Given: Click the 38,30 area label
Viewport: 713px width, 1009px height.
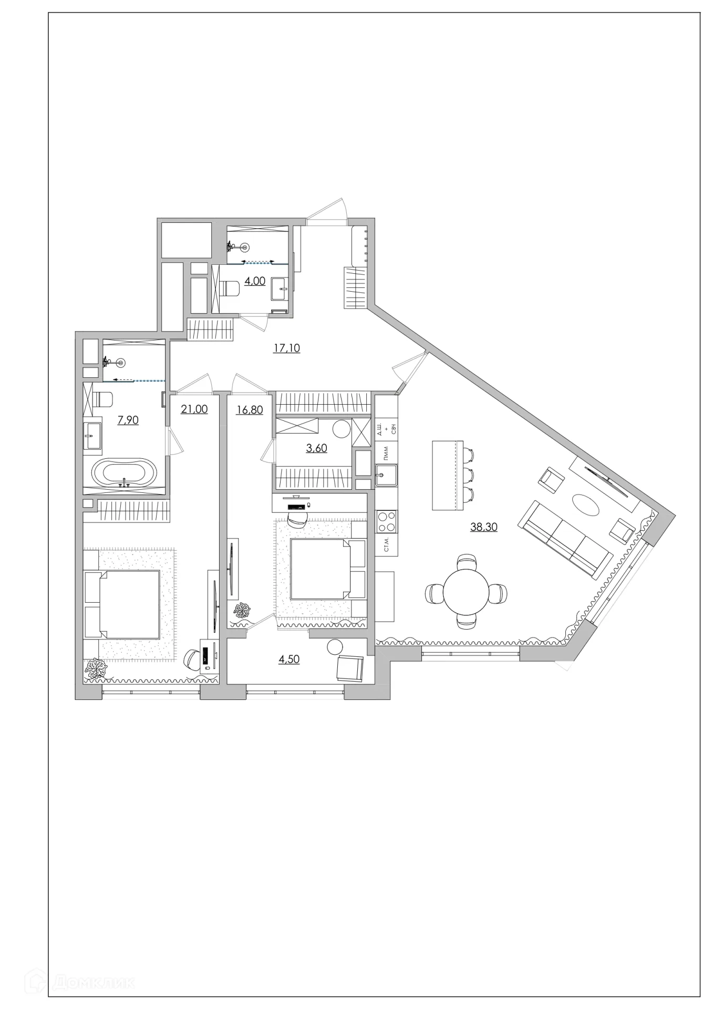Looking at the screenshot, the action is [x=483, y=527].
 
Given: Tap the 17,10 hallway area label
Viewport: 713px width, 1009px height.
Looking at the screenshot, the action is [x=286, y=348].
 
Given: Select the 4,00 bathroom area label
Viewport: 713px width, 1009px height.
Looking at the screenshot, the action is [x=255, y=281].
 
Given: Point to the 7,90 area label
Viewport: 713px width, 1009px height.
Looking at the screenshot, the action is [x=128, y=420].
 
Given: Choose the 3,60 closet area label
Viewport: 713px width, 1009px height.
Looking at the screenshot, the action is [x=317, y=448].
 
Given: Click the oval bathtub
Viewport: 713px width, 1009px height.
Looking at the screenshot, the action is [x=124, y=473].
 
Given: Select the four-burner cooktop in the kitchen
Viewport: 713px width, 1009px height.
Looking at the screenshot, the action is [x=386, y=522].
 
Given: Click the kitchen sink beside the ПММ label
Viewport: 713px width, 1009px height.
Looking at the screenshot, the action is [x=386, y=476].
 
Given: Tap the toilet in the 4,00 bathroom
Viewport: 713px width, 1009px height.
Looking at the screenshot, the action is [x=229, y=289].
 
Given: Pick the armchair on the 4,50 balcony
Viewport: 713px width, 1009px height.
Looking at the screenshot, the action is [x=349, y=667].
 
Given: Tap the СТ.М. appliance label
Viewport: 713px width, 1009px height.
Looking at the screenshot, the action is [x=387, y=545].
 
